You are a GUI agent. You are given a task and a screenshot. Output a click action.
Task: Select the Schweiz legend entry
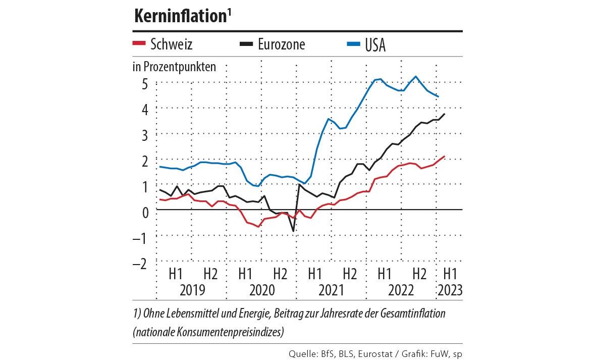163,44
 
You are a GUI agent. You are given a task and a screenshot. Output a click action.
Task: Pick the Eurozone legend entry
273,44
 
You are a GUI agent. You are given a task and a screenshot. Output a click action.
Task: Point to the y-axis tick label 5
144,83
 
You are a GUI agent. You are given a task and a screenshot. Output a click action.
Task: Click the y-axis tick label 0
144,212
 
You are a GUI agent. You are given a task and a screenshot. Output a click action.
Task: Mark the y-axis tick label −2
141,264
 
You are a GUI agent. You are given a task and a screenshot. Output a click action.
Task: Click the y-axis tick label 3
144,135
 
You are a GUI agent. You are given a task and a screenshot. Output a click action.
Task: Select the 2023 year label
450,290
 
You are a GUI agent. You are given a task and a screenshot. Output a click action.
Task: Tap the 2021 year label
331,290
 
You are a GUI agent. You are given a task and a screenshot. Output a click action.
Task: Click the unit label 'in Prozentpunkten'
174,67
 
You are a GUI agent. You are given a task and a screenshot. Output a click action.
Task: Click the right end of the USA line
438,96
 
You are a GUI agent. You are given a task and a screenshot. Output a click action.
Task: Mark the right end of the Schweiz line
444,157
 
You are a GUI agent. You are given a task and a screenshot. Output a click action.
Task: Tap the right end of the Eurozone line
444,114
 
